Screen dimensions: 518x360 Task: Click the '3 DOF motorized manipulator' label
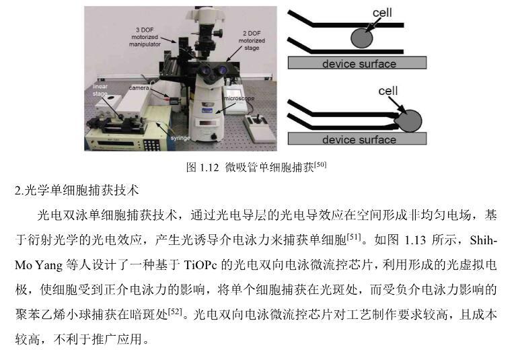[145, 37]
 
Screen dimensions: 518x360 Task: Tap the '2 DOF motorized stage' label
[252, 40]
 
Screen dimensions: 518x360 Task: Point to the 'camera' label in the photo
[139, 88]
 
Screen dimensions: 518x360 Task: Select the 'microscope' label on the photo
[239, 98]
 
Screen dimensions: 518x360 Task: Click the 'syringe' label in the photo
[180, 138]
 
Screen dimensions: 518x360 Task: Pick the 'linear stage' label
[100, 90]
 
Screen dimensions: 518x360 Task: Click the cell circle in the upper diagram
[362, 38]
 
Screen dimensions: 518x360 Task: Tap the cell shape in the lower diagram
[410, 121]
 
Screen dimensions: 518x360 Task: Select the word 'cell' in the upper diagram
[382, 13]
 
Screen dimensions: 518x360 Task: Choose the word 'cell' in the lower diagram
[388, 91]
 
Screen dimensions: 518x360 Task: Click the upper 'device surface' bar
[357, 63]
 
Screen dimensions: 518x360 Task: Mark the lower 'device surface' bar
[357, 139]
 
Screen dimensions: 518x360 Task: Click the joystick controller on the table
[260, 129]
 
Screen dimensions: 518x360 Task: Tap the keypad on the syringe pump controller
[151, 145]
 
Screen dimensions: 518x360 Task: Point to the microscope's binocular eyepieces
[213, 71]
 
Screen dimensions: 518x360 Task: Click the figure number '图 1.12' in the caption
[202, 168]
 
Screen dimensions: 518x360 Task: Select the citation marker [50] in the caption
[320, 164]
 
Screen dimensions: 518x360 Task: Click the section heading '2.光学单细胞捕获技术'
[77, 190]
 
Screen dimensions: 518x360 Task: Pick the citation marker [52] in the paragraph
[175, 312]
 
